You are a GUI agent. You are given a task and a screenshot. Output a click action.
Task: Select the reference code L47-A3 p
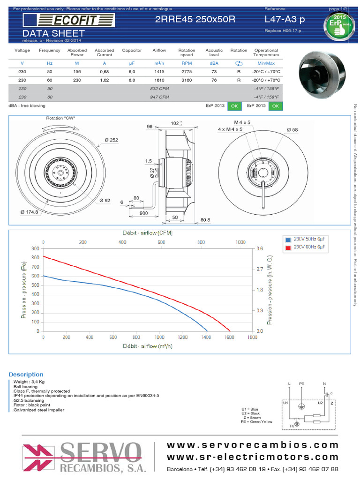pos(284,19)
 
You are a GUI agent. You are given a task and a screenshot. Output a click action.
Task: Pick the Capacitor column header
pos(132,50)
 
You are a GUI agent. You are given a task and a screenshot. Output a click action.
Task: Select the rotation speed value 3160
pos(187,80)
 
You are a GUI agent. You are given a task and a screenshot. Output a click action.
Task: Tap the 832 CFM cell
pos(159,89)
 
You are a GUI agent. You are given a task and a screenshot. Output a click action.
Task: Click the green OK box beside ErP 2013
pos(234,106)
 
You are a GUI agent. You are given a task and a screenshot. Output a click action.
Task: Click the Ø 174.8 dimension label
pos(29,212)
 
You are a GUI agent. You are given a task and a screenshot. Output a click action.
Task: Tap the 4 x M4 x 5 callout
pos(230,129)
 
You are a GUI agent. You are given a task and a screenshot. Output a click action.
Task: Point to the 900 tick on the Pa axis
pos(35,248)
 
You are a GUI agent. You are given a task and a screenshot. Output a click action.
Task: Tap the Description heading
pos(26,375)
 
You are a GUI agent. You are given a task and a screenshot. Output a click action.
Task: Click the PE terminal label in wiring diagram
pos(301,383)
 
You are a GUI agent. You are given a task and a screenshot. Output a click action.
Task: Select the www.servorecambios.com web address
pos(253,444)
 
